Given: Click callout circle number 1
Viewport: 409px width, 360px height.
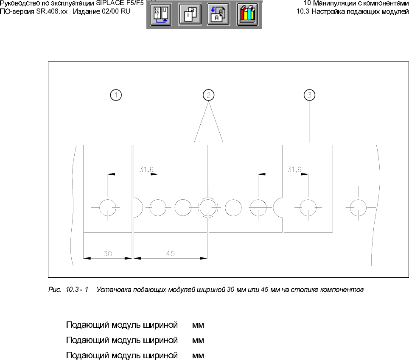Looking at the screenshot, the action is (116, 95).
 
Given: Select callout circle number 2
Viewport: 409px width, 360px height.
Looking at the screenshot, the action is (208, 95).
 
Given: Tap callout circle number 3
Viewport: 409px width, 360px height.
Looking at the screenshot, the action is (310, 95).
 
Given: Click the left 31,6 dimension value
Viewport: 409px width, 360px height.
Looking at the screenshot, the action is (146, 169).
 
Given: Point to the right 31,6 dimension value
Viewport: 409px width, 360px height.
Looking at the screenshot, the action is (294, 169).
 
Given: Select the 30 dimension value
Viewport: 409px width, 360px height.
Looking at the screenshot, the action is (108, 254).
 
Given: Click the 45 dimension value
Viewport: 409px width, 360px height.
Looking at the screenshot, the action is (170, 254).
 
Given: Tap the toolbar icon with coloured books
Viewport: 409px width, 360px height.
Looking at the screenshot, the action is (247, 15).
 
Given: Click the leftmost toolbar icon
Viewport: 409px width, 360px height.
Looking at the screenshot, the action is (161, 15).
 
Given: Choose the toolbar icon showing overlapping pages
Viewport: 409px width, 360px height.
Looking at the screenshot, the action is (190, 15).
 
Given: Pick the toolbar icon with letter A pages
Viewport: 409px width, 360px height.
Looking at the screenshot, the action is (218, 15).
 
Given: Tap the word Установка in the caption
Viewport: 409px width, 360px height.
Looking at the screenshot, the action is (111, 290).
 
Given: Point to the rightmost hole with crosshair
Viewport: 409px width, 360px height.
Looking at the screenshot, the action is (357, 208).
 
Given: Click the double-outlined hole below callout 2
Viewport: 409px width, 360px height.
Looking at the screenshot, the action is (208, 208).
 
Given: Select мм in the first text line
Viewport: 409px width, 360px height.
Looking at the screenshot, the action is (198, 326).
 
